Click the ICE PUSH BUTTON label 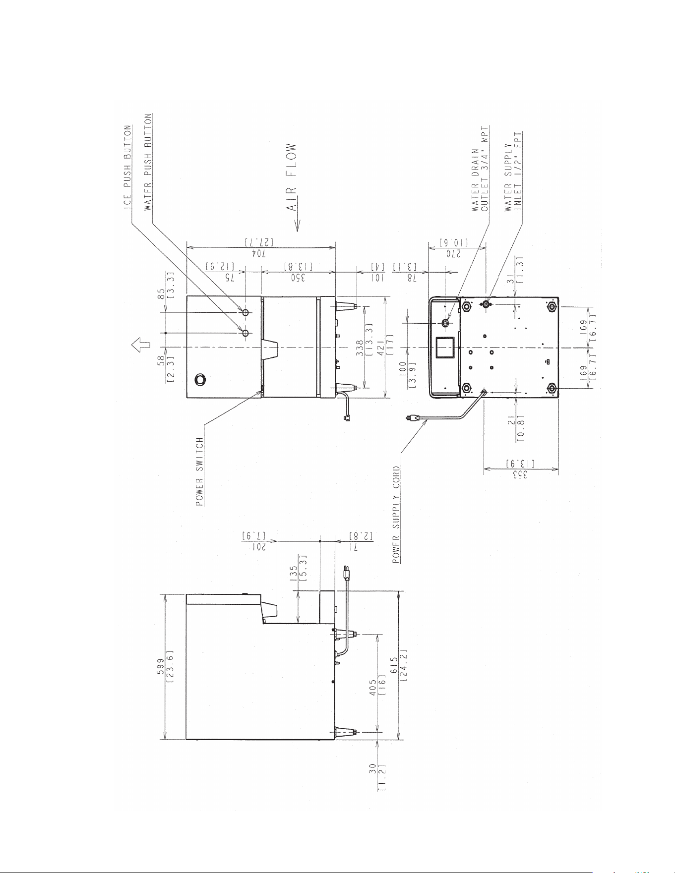[128, 168]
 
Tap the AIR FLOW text [292, 177]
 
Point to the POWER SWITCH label [199, 471]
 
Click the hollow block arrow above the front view [138, 344]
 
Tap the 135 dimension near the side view [294, 573]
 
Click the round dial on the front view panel [199, 380]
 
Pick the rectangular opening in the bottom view [445, 348]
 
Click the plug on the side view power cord [347, 574]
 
